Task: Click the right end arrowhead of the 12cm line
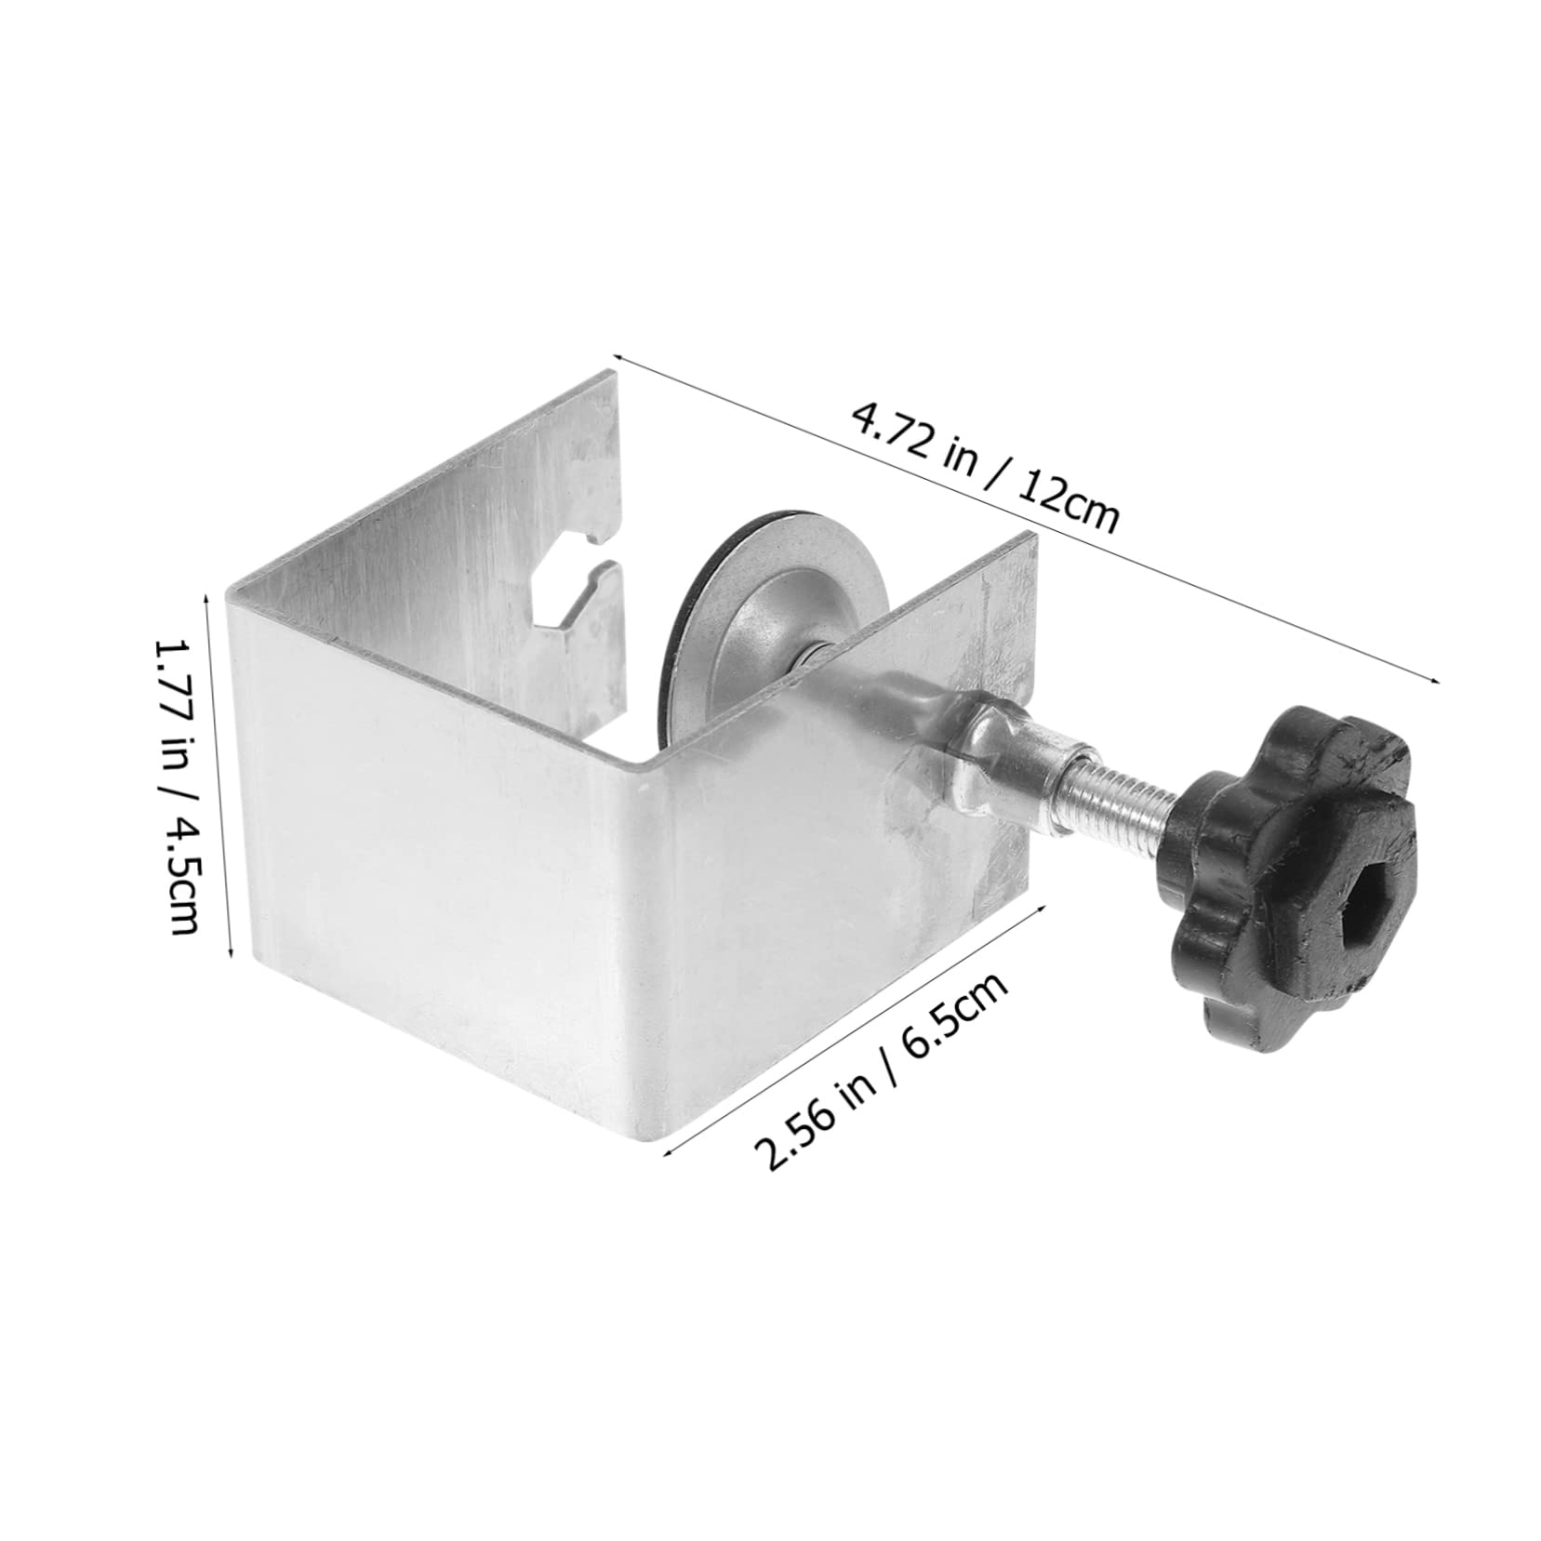click(1438, 681)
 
